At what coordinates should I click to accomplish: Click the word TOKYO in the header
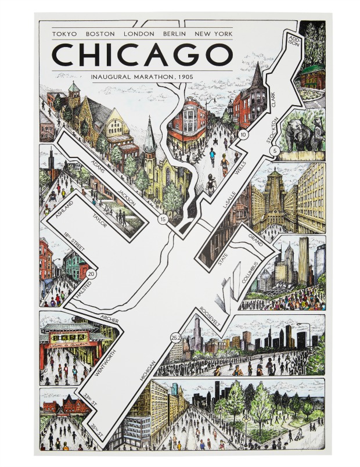64,34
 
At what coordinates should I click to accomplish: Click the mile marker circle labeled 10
243,135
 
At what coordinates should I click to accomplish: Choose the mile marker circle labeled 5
275,151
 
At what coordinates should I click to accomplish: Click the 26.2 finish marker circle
176,337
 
